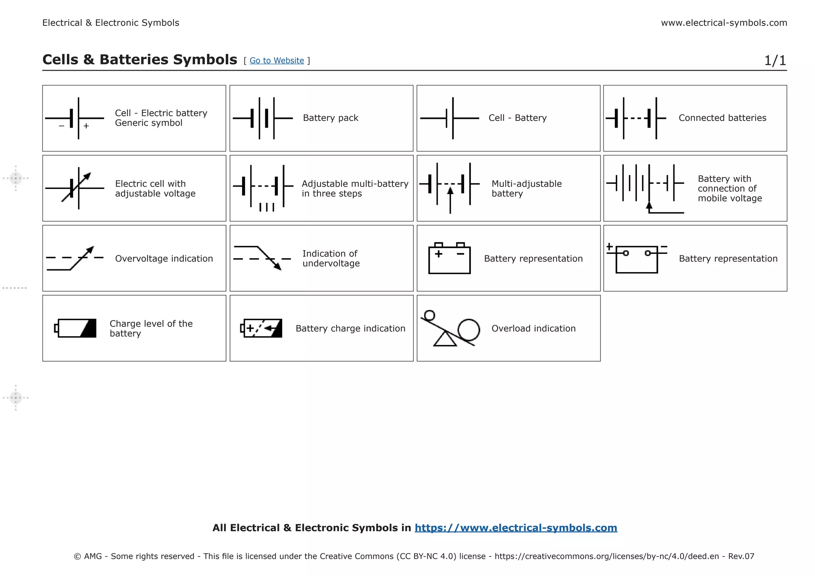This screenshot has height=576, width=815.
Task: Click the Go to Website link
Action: (277, 60)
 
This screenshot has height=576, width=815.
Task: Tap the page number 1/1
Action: (775, 60)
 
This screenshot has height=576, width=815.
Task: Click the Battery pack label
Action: (330, 118)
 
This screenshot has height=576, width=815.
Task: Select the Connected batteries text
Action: (722, 118)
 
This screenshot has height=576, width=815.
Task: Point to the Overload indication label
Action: (533, 329)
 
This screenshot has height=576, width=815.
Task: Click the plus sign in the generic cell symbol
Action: (86, 126)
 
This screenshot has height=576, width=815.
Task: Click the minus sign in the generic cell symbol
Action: (61, 126)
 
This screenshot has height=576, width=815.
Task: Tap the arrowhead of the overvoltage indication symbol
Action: (90, 250)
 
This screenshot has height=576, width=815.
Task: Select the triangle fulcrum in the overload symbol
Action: (445, 340)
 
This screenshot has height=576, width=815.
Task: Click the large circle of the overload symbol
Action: (468, 330)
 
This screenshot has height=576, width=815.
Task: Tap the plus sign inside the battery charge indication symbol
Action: (250, 328)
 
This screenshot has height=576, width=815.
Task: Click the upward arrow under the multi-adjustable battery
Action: (450, 192)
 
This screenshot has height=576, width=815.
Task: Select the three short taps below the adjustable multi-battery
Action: (267, 207)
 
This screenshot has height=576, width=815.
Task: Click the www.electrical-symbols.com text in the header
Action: (724, 23)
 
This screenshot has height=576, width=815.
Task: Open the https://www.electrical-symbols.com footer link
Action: (516, 528)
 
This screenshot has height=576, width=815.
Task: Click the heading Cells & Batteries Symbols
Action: (140, 60)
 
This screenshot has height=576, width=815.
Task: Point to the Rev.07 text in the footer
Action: (741, 557)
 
